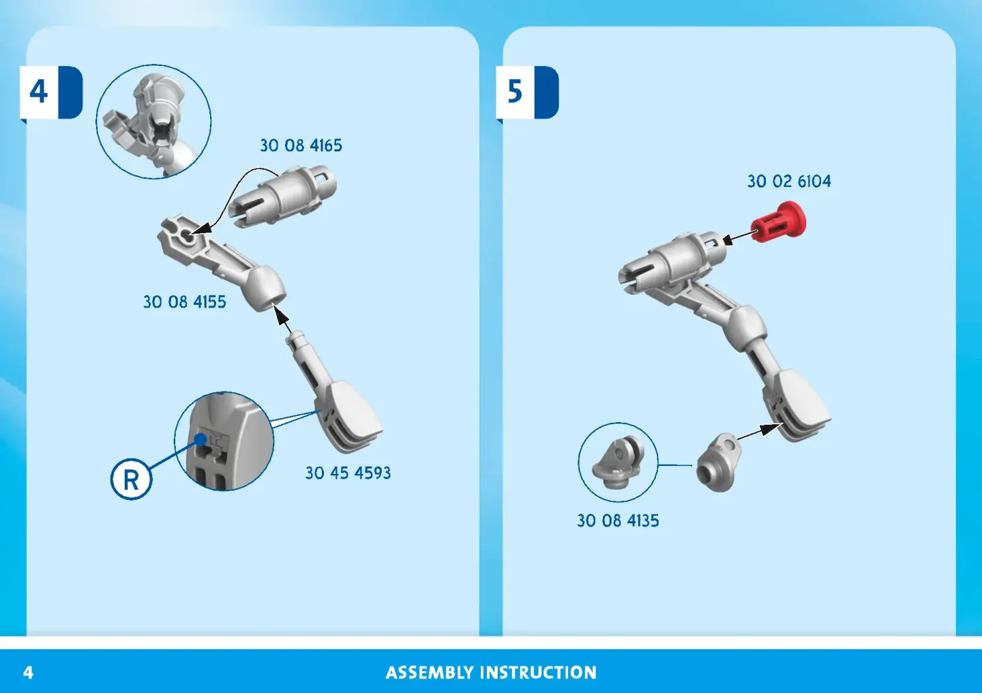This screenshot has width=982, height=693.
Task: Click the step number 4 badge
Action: coord(51,93)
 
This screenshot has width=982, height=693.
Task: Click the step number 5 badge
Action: coord(527,93)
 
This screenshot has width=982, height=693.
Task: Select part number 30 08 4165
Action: coord(301,145)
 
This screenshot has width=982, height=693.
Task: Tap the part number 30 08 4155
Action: coord(185,301)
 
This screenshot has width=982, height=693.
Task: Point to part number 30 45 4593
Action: coord(348,473)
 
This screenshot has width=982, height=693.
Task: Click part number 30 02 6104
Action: coord(788,181)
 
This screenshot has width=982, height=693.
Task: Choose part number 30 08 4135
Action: coord(618,520)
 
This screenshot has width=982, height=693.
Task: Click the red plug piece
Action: coord(779,222)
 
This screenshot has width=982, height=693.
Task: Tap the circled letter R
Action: coord(131,480)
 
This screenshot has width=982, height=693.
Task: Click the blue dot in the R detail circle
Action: coord(200,439)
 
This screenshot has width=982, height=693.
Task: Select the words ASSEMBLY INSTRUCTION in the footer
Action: coord(491,673)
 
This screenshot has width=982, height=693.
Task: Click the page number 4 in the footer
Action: coord(28,673)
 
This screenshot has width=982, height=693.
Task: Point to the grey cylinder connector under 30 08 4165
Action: coord(283,196)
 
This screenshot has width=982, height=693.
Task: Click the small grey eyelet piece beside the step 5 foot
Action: coord(717,462)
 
